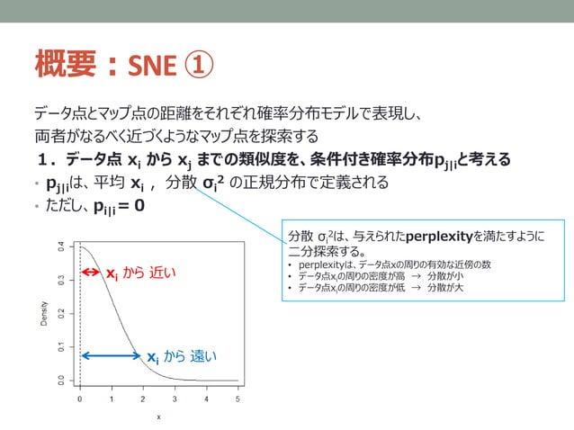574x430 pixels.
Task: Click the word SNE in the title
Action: click(152, 66)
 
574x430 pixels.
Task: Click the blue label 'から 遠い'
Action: click(190, 357)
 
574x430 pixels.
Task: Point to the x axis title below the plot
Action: click(158, 417)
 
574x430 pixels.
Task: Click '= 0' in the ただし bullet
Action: click(128, 204)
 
